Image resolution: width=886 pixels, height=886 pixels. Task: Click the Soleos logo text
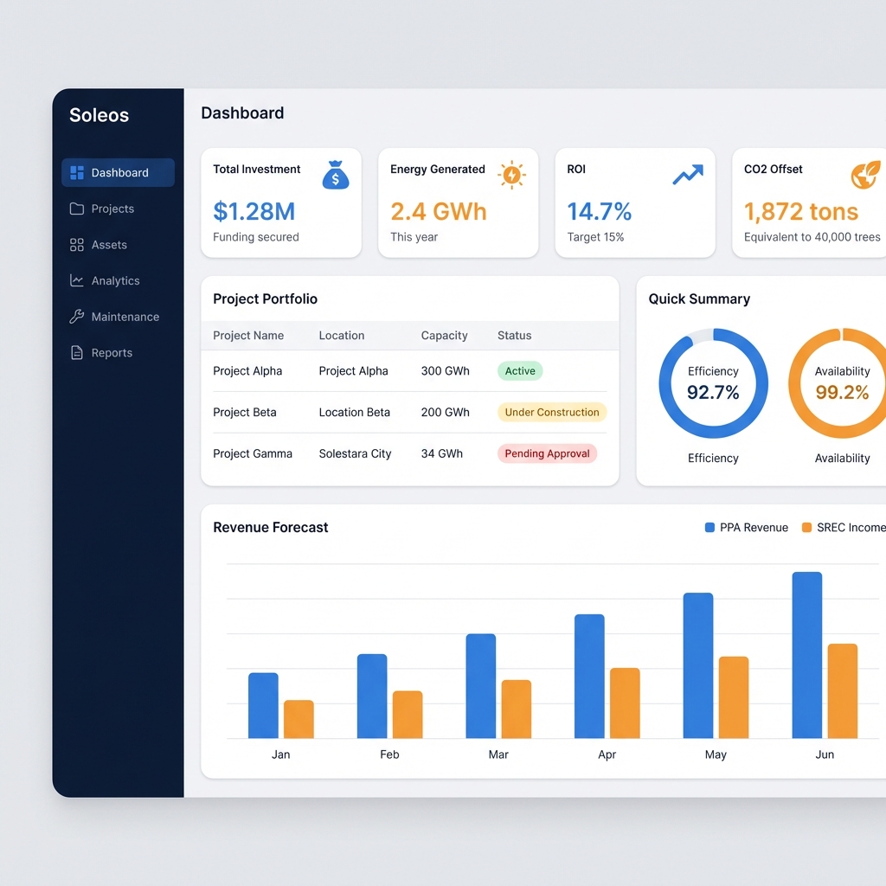(99, 115)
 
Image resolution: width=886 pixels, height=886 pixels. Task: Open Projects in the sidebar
(112, 209)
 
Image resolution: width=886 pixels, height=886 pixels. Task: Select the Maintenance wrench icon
(77, 317)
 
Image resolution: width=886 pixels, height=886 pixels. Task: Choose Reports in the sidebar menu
(112, 353)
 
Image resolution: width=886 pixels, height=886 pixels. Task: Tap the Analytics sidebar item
(115, 280)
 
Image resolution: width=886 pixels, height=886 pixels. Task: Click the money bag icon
(336, 176)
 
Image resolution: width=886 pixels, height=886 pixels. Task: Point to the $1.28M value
(254, 211)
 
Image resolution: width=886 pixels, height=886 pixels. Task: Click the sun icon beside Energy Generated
(512, 176)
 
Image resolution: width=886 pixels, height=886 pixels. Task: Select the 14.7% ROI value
(600, 211)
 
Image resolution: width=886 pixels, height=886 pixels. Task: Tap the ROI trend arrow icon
(688, 176)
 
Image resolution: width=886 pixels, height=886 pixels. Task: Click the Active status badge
(520, 371)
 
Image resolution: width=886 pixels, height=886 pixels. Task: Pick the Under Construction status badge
(552, 413)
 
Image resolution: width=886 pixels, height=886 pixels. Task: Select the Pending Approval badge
(547, 453)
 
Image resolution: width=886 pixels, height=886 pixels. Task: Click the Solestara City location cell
(355, 453)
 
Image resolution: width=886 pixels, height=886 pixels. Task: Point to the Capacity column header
(444, 336)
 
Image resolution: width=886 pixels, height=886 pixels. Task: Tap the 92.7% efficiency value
(713, 393)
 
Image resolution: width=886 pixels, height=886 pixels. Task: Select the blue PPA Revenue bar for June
(807, 655)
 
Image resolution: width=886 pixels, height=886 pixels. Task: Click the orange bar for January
(299, 719)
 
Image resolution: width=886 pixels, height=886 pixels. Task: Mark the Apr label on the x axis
(607, 754)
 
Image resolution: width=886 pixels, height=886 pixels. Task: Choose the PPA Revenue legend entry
(747, 528)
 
